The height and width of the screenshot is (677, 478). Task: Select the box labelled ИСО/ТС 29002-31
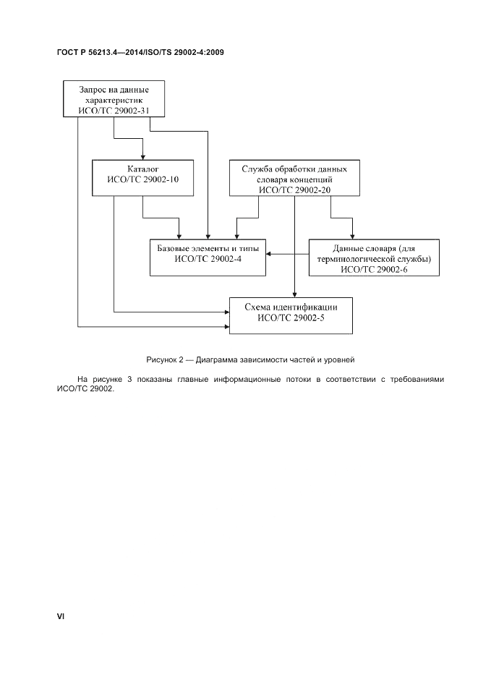(x=114, y=99)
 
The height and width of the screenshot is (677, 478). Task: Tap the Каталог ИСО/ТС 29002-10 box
(x=142, y=177)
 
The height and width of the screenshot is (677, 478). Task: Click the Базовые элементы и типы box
(x=208, y=257)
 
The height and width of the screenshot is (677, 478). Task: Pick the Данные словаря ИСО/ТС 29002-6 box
(x=374, y=257)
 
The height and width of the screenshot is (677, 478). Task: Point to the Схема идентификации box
(x=291, y=315)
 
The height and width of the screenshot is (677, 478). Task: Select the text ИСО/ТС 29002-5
(x=291, y=320)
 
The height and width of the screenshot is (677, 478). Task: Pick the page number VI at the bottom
(x=61, y=616)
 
